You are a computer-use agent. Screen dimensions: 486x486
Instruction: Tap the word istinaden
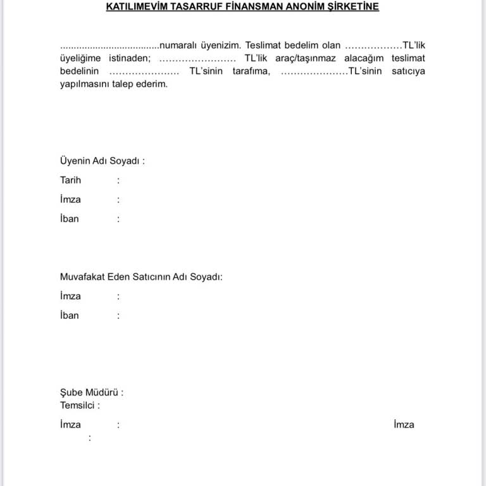(x=130, y=58)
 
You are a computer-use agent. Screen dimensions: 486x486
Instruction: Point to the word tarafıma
(x=251, y=71)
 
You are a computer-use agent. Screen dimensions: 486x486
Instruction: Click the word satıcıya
(x=406, y=71)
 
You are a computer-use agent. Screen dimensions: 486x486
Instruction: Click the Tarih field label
(x=70, y=180)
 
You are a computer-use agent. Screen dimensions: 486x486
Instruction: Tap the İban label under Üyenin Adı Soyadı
(x=70, y=219)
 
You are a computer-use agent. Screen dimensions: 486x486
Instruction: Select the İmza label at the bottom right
(x=404, y=425)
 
